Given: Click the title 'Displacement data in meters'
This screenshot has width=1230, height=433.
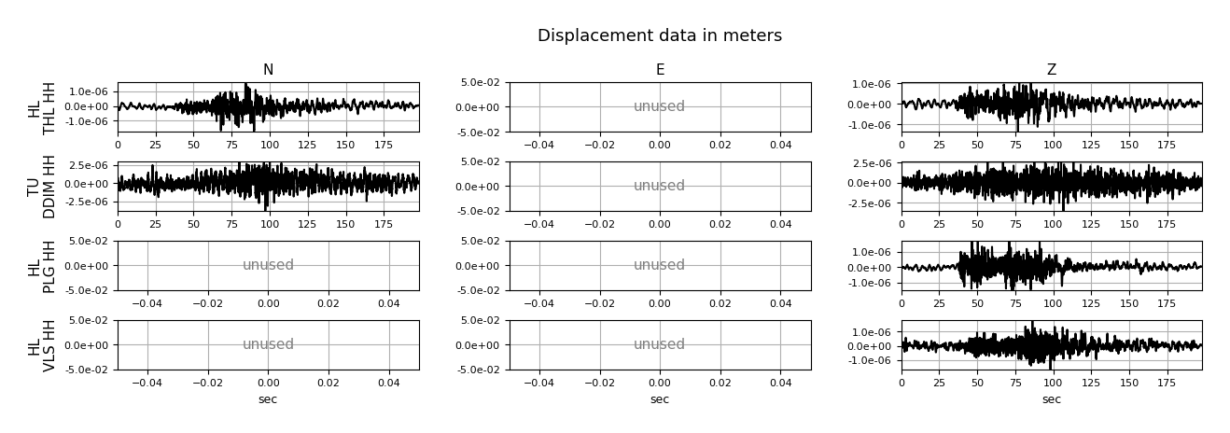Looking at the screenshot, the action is pyautogui.click(x=660, y=35).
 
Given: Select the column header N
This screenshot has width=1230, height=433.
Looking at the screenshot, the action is pyautogui.click(x=268, y=70).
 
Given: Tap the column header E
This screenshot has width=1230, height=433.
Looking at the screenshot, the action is pyautogui.click(x=660, y=70).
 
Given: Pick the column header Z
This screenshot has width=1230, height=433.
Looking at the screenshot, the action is pyautogui.click(x=1052, y=70).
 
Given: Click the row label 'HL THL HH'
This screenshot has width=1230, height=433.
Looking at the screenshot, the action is pyautogui.click(x=42, y=107).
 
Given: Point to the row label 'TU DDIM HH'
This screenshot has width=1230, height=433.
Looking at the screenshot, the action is pyautogui.click(x=42, y=187).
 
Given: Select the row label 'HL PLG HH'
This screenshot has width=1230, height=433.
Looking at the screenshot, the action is pyautogui.click(x=42, y=266).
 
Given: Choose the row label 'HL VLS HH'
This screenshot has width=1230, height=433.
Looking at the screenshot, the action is pyautogui.click(x=42, y=345).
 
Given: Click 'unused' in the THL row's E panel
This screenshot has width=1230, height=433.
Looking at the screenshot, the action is pyautogui.click(x=660, y=106).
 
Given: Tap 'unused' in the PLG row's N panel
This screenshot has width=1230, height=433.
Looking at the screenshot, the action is pyautogui.click(x=268, y=264).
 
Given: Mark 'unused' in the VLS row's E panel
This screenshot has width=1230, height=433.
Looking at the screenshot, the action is pyautogui.click(x=660, y=344).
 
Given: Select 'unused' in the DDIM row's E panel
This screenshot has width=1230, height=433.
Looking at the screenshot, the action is pyautogui.click(x=660, y=186).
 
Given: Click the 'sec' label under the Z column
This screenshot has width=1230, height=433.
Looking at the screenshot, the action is pyautogui.click(x=1052, y=399).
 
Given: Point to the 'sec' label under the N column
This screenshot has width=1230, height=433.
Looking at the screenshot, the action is pyautogui.click(x=268, y=399).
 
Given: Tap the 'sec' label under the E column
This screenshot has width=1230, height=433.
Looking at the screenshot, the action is pyautogui.click(x=660, y=399).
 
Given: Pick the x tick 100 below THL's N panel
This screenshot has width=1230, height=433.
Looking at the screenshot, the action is pyautogui.click(x=269, y=145).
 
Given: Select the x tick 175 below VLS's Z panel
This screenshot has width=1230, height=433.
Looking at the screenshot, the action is pyautogui.click(x=1167, y=383).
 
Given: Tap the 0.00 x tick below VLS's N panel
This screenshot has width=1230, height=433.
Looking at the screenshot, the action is pyautogui.click(x=268, y=383).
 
